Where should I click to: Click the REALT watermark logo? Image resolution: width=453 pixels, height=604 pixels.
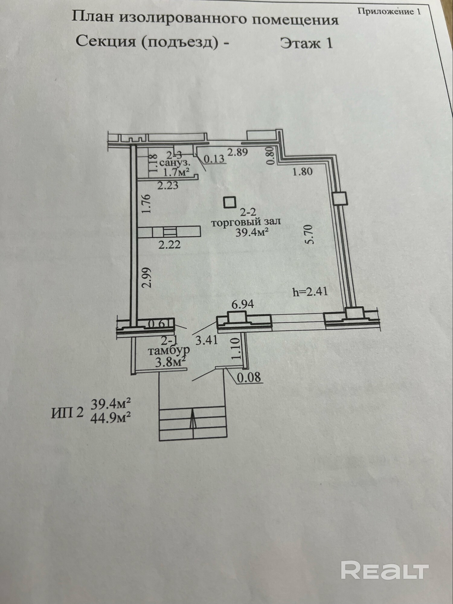(385, 570)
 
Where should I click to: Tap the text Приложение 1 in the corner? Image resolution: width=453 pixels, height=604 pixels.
(389, 12)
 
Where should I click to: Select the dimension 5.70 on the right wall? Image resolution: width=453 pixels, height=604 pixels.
(310, 235)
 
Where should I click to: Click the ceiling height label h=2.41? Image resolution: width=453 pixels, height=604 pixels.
(310, 292)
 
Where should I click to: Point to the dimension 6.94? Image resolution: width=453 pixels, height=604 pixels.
(243, 304)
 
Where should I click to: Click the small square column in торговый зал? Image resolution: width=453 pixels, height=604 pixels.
(230, 202)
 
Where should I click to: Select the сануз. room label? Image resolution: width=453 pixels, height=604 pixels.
(175, 163)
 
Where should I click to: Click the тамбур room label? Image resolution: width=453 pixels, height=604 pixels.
(169, 351)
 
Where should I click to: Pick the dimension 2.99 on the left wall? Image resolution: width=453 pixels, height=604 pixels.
(146, 277)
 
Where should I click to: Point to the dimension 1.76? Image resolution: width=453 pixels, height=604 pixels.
(146, 204)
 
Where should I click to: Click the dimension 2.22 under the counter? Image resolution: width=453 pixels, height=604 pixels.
(170, 244)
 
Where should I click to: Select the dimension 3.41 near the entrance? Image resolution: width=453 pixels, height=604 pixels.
(207, 340)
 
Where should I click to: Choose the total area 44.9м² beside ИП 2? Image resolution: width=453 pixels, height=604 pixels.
(111, 419)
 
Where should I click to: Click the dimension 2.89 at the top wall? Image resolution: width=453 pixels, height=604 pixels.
(237, 152)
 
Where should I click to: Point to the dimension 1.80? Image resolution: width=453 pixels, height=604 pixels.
(302, 172)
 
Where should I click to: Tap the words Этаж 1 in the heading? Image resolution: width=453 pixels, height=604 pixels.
(306, 43)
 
